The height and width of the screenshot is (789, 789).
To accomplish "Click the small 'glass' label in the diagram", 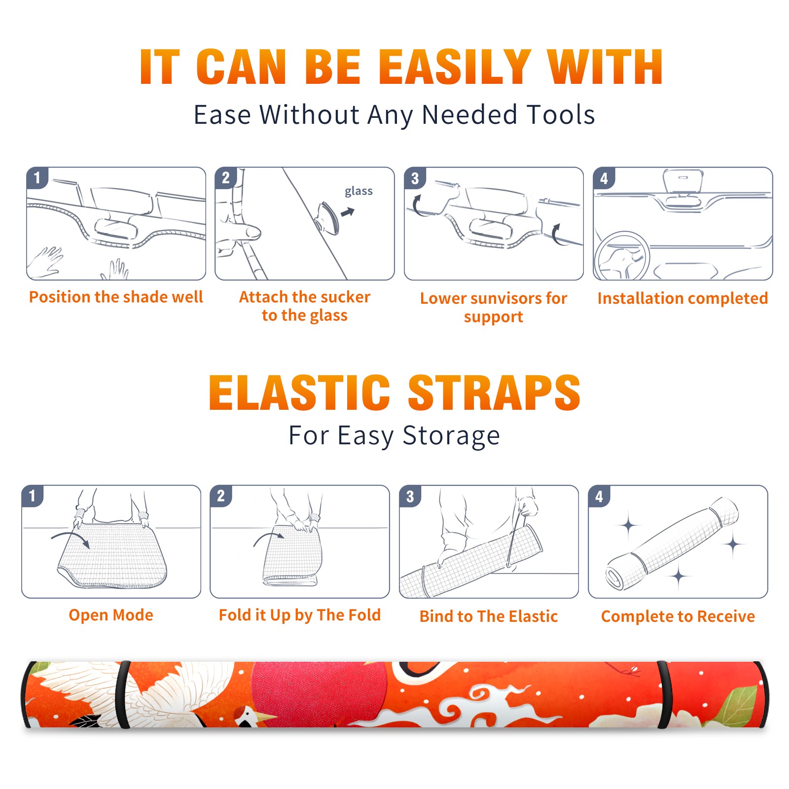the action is coord(359,191).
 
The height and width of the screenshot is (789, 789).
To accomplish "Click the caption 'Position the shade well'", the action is coord(116,297).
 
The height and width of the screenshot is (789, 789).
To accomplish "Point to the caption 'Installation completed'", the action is coord(682,298).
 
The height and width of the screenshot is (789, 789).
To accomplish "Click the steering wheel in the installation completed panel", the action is coord(622,257).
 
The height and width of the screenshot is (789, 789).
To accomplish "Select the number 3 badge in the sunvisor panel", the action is coord(415,178).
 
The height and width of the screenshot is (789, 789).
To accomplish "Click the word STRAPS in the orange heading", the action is coord(494,393).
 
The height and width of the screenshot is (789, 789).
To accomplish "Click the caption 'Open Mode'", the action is coord(111,615).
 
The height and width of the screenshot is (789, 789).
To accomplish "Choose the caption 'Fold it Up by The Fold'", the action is coord(300,615).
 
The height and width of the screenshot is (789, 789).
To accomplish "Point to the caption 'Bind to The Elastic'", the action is coord(489,616).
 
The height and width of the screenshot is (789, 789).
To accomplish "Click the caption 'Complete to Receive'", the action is coord(678,616).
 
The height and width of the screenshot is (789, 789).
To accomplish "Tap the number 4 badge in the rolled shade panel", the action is coord(599,496).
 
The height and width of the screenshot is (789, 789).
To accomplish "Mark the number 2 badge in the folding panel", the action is coord(221,496).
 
